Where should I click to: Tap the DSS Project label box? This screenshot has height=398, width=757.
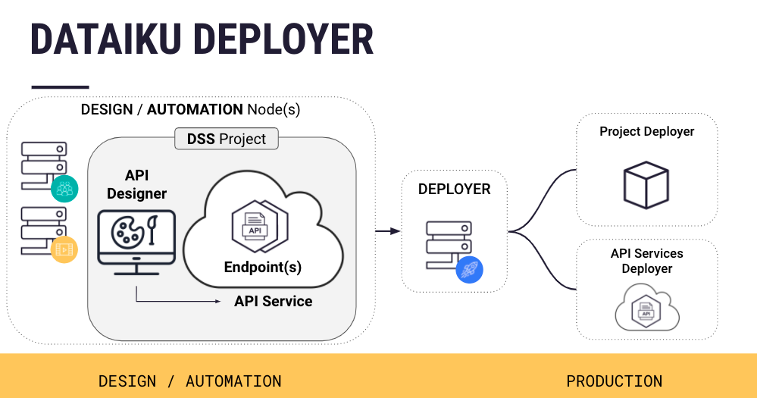point(227,139)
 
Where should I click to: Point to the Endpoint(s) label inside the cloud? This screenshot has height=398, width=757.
point(263,267)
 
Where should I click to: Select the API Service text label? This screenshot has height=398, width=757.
point(273,301)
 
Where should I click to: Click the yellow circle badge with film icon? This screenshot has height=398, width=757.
point(64,249)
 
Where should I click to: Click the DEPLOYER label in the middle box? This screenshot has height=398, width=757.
point(454,189)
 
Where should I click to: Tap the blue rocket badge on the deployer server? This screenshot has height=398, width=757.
point(470,269)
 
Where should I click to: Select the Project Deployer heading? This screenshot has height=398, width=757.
point(646,131)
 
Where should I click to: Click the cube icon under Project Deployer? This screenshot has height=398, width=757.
point(646,184)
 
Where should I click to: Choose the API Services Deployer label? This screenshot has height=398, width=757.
point(646,261)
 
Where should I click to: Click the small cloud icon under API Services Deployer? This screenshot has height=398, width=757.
point(646,309)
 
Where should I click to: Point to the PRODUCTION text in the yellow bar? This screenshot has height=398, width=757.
point(614,381)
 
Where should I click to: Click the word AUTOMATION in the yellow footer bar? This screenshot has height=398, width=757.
point(233,381)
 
